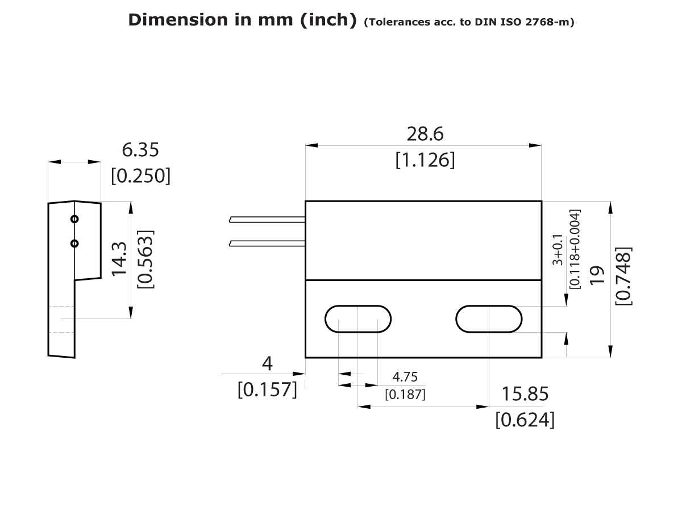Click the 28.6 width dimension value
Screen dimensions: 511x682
[425, 135]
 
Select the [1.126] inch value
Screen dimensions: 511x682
[425, 160]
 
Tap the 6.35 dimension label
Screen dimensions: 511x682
[140, 150]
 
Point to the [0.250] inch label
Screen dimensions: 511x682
[140, 175]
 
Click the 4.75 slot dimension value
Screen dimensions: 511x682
[405, 377]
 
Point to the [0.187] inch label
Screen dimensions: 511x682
[405, 393]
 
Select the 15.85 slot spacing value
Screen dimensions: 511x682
[525, 393]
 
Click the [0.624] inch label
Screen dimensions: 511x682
[525, 420]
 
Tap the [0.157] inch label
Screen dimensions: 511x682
[267, 389]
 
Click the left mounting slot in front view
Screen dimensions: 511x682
[358, 319]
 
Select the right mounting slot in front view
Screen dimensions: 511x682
[489, 319]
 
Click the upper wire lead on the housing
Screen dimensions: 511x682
[267, 219]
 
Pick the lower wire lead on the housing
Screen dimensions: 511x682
[267, 244]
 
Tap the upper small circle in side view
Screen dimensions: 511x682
[74, 219]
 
